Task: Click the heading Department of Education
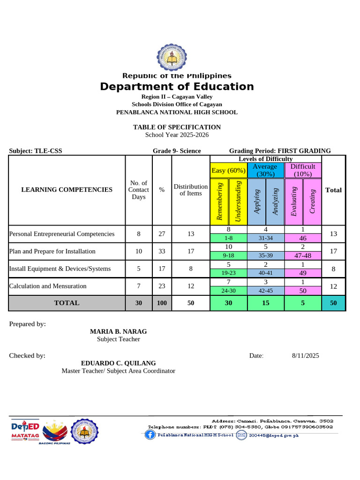(177, 87)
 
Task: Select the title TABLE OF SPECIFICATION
(177, 127)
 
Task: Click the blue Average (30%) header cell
(265, 170)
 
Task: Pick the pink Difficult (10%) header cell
(303, 170)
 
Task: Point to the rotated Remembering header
(219, 202)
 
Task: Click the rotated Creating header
(312, 202)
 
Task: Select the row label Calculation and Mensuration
(48, 286)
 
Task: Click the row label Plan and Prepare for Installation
(52, 251)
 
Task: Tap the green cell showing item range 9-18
(229, 255)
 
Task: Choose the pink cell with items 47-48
(303, 255)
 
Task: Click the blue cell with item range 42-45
(265, 291)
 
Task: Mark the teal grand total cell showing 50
(333, 303)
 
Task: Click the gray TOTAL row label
(67, 303)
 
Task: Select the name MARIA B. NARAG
(118, 331)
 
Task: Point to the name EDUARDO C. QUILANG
(118, 363)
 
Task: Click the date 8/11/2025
(305, 356)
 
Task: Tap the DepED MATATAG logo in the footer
(24, 430)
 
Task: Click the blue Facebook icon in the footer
(150, 435)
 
